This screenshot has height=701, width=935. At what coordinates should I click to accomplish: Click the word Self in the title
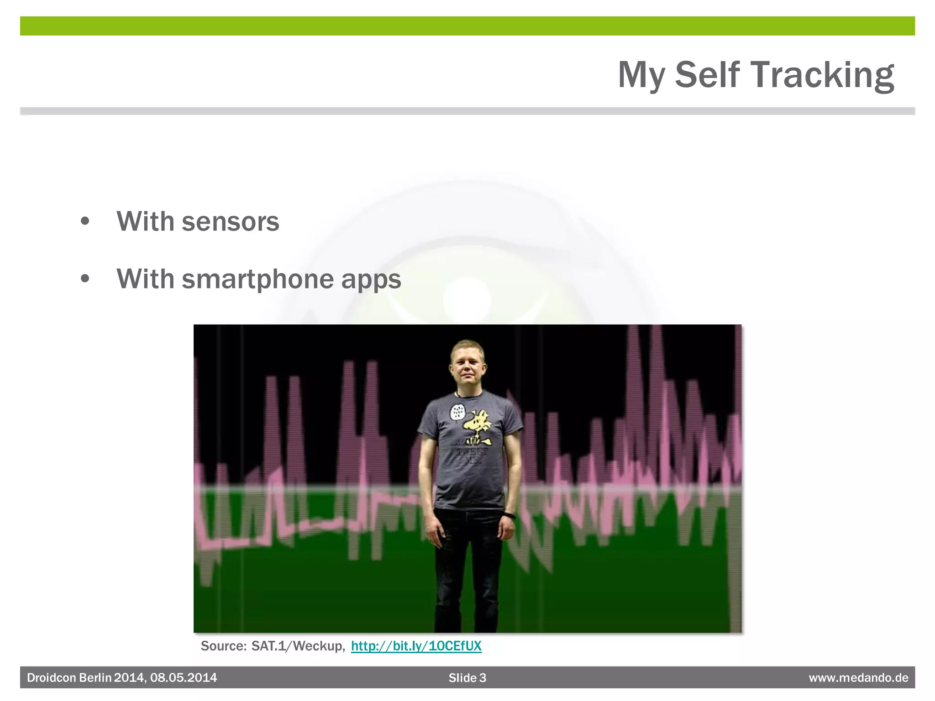pos(707,75)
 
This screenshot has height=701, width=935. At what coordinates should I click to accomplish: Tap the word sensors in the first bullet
pos(230,222)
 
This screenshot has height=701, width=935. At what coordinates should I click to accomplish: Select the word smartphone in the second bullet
pos(258,279)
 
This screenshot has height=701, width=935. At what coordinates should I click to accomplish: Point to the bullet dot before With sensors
pos(85,222)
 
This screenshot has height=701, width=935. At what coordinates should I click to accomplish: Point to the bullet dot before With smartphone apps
pos(85,279)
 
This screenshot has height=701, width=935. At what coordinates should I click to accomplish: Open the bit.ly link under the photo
pos(416,646)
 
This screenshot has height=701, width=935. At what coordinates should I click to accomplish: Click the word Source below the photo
pos(223,646)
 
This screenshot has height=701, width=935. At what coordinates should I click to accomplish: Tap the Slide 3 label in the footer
pos(467,678)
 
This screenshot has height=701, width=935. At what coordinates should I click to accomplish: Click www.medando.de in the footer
pos(858,678)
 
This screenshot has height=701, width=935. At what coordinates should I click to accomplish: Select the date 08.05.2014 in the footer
pos(184,678)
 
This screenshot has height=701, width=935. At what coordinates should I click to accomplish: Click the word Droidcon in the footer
pos(52,678)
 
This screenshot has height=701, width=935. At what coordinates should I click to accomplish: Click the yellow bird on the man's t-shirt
pos(478,425)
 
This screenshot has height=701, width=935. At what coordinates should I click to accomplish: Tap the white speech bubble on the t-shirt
pos(457,412)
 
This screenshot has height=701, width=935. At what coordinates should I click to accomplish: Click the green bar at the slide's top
pos(467,26)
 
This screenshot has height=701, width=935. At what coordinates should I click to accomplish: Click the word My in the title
pos(641,75)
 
